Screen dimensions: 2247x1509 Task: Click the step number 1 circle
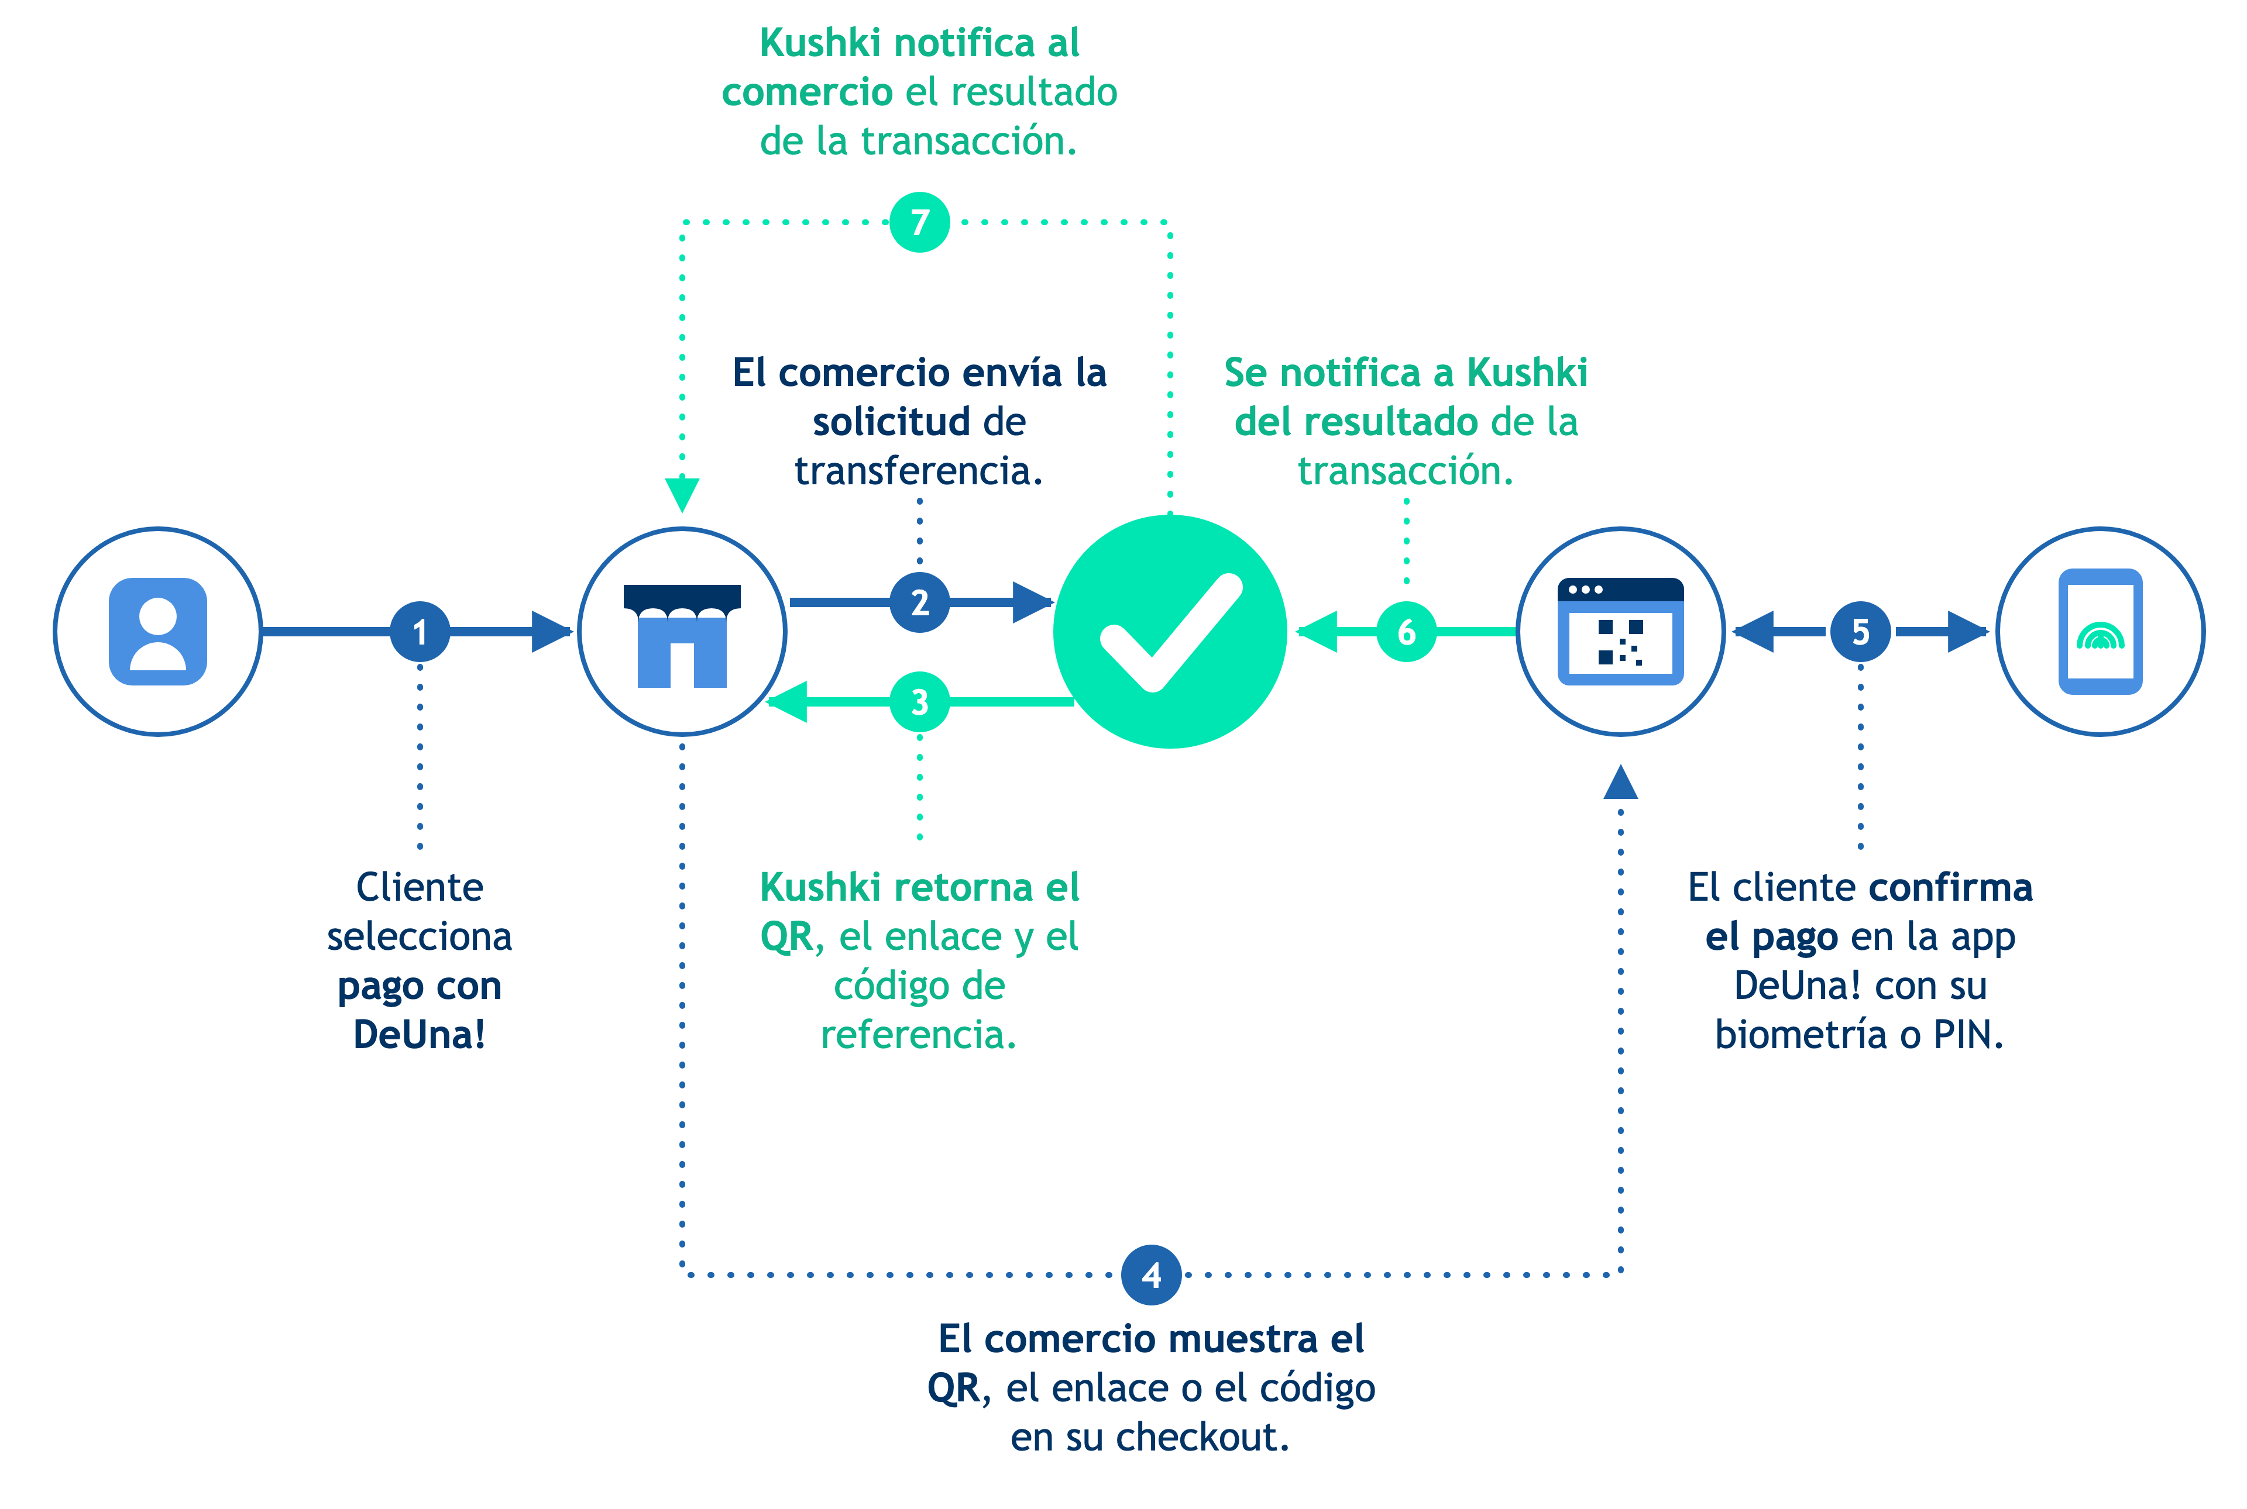(420, 631)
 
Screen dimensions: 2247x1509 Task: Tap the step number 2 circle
(919, 602)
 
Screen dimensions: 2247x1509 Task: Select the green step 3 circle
(919, 702)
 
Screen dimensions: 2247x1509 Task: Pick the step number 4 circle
(1152, 1275)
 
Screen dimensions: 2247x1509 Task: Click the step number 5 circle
(1860, 631)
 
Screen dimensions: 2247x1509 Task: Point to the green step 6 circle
(1407, 631)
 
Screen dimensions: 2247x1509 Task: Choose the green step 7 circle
(919, 222)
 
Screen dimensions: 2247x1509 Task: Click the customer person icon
(158, 631)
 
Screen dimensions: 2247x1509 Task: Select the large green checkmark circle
(1170, 631)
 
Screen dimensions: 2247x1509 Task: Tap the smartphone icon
(2101, 631)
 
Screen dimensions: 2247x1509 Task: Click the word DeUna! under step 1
(420, 1035)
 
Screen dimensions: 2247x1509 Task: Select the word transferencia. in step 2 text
(919, 471)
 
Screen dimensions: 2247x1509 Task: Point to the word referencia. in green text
(919, 1035)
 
